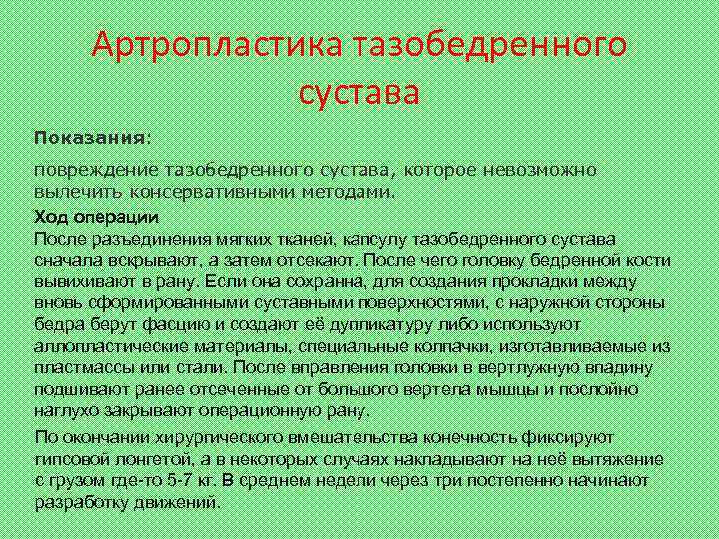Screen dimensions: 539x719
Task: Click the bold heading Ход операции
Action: [x=95, y=217]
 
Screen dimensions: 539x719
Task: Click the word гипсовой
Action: [x=73, y=459]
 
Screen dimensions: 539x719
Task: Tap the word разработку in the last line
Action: [x=81, y=502]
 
